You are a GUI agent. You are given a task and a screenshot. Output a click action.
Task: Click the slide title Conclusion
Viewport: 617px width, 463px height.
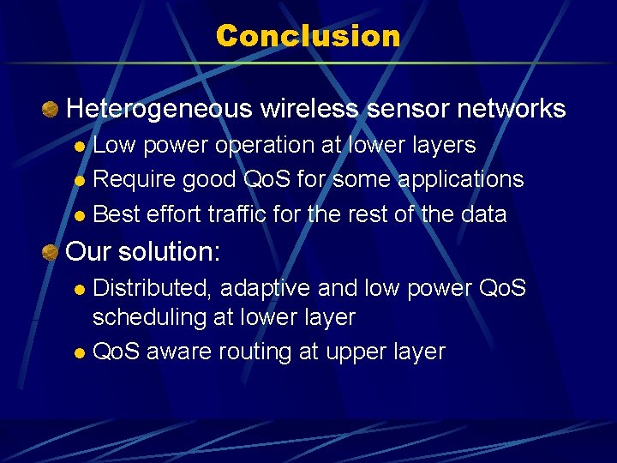point(308,36)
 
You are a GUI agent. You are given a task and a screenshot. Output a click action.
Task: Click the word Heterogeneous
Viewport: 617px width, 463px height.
point(159,109)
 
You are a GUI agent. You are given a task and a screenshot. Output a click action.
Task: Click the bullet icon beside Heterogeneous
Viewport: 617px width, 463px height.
point(51,109)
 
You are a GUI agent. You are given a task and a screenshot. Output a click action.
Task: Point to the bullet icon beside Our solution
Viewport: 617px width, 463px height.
point(51,253)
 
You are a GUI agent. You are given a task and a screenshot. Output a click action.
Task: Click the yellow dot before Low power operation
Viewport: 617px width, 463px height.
point(80,147)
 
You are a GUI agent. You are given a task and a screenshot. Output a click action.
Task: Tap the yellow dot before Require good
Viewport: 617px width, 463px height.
point(80,181)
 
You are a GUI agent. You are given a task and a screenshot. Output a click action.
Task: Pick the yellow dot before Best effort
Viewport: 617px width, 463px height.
point(80,215)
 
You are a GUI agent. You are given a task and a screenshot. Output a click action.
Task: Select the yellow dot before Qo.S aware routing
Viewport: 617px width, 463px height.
point(80,353)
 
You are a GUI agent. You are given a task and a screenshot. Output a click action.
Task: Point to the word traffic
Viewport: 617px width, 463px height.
point(237,213)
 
